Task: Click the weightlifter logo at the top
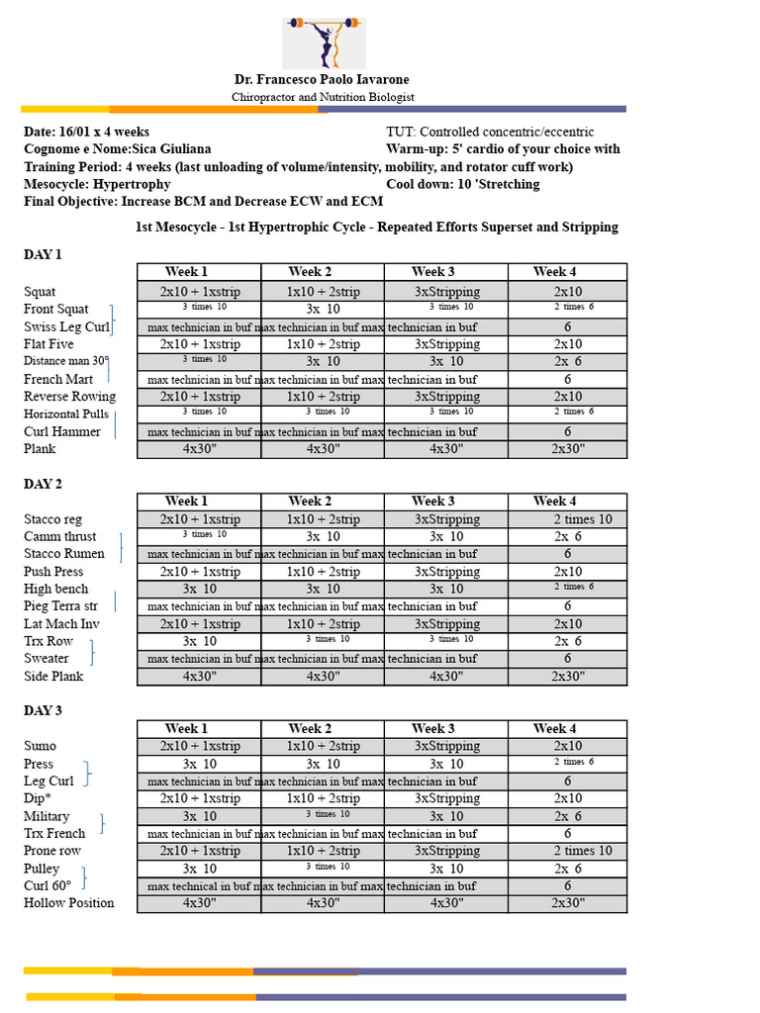tap(324, 42)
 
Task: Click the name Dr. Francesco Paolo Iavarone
tap(322, 79)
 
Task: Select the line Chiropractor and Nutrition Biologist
tap(323, 97)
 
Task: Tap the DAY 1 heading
tap(43, 254)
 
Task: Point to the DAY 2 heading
tap(43, 484)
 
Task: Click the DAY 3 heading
tap(43, 710)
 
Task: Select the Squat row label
tap(40, 292)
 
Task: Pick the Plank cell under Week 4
tap(567, 449)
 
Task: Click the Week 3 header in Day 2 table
tap(433, 502)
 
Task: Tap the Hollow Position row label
tap(68, 902)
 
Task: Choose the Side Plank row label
tap(53, 677)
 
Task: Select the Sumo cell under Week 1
tap(199, 746)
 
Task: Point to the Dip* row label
tap(38, 797)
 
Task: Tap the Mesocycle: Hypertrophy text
tap(97, 184)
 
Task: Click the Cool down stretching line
tap(462, 184)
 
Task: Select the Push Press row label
tap(53, 572)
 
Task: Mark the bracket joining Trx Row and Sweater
tap(92, 651)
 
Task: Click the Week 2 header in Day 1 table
tap(311, 272)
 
